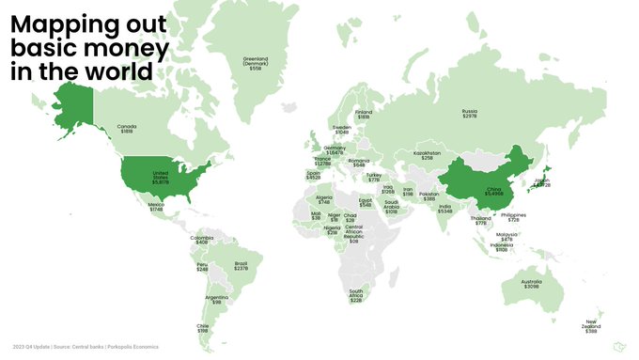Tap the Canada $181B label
tap(126, 129)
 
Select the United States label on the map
tap(159, 179)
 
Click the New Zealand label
tap(591, 327)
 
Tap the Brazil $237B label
tap(241, 265)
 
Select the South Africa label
tap(356, 296)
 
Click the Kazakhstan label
tap(427, 155)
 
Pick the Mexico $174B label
tap(156, 206)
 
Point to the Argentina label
tap(217, 300)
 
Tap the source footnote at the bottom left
tap(86, 347)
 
